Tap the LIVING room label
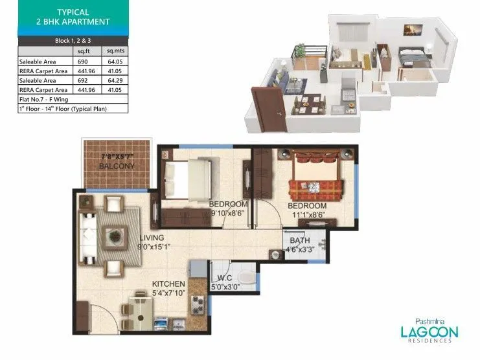pos(151,238)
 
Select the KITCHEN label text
pos(168,284)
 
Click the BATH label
pos(301,239)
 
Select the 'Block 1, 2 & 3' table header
pos(73,41)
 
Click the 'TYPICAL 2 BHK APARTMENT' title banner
pos(73,17)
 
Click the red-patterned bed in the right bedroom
pos(315,183)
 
